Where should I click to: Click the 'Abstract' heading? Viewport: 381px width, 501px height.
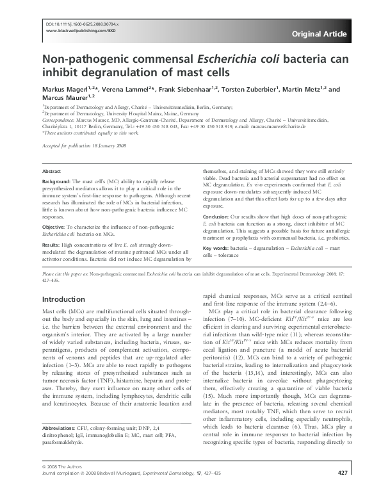(51, 172)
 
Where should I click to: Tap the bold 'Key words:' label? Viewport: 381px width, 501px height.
(218, 248)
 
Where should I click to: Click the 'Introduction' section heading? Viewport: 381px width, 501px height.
(63, 299)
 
